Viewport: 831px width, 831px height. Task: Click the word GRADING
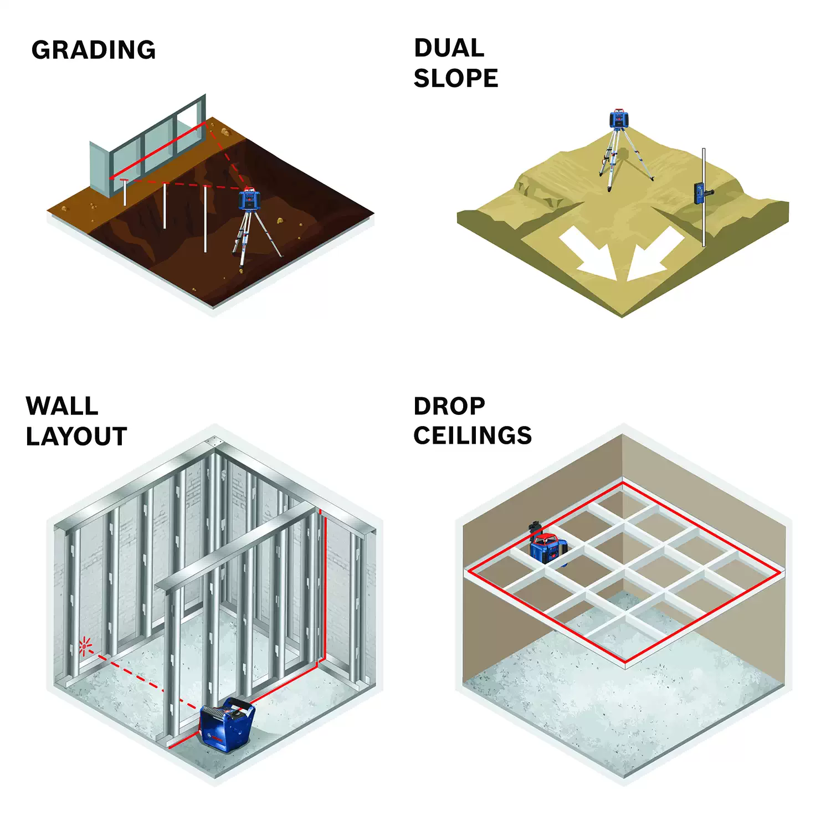pos(94,50)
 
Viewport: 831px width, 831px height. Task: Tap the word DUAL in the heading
pos(449,48)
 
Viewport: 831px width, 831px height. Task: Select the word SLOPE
pos(456,78)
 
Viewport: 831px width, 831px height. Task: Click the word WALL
pos(62,406)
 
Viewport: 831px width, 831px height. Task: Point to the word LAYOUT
pos(76,437)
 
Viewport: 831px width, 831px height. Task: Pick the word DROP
pos(449,406)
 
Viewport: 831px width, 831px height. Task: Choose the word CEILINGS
pos(473,435)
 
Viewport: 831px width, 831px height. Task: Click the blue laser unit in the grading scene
pos(249,199)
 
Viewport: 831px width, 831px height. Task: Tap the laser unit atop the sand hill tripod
pos(619,119)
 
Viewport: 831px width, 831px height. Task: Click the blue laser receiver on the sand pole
pos(702,193)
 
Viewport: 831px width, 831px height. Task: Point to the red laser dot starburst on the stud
pos(84,645)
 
